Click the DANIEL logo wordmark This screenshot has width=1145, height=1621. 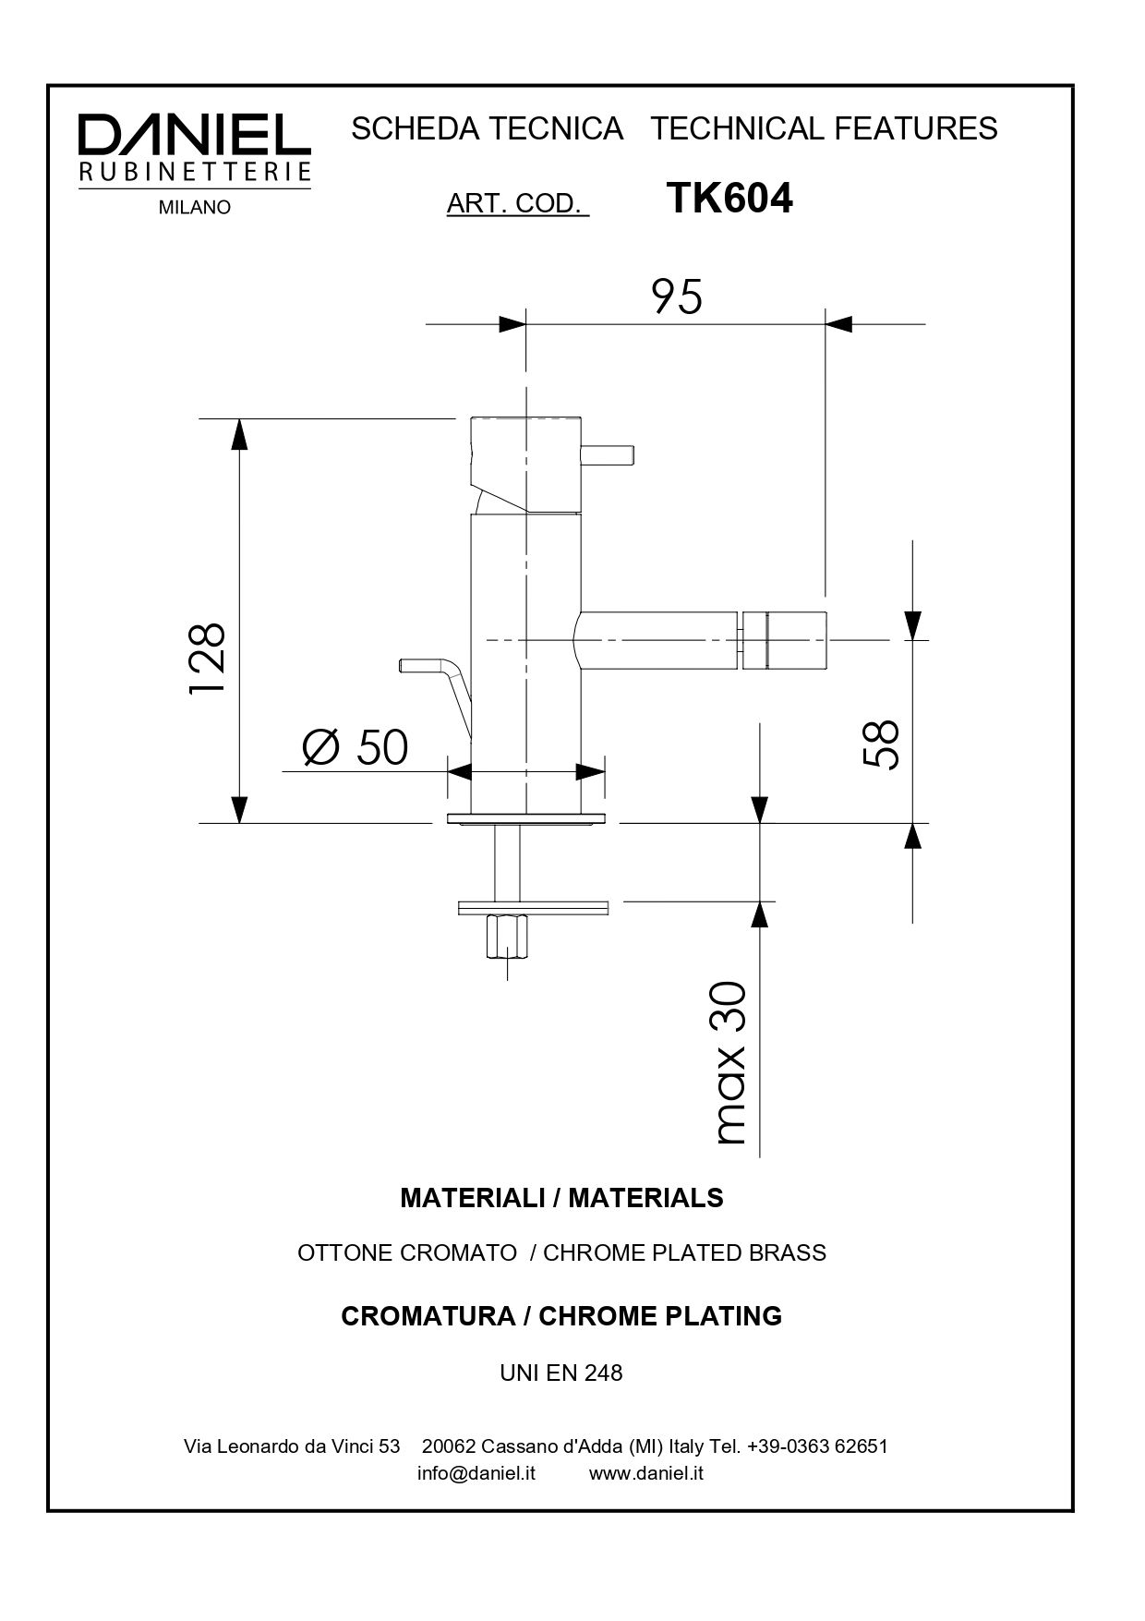194,137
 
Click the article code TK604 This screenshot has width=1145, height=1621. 729,198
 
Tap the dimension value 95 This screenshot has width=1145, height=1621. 676,297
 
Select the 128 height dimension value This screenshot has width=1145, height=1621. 208,659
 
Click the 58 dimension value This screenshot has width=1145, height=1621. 881,744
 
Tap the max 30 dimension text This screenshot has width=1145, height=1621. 729,1062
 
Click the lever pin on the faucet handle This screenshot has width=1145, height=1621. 609,454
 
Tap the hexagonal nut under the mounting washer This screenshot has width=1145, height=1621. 507,937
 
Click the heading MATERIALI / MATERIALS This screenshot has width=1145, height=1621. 561,1198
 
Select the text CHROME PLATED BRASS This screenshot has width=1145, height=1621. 684,1253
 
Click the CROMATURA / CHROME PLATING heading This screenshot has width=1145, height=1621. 561,1316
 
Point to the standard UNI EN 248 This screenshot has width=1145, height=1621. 561,1373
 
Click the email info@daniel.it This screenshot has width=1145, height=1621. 476,1473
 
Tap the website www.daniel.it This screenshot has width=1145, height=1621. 646,1473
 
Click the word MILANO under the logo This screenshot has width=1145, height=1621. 194,208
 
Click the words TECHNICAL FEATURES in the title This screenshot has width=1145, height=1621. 824,128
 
